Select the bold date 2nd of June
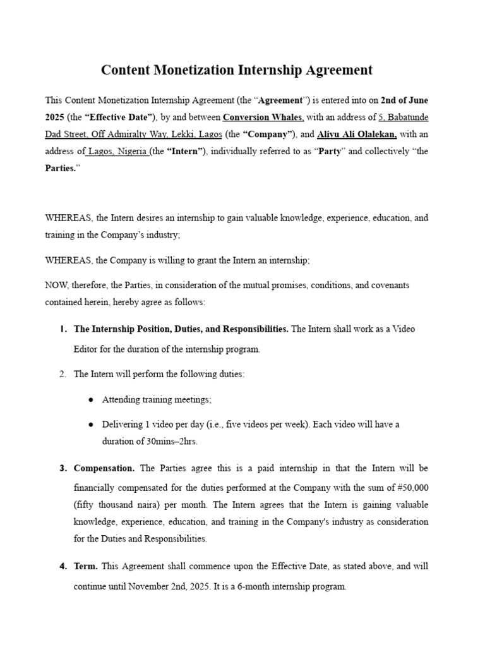point(404,100)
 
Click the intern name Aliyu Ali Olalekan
point(357,134)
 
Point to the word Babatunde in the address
point(407,117)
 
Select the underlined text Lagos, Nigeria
point(117,152)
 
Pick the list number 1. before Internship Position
point(63,329)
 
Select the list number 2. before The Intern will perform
point(63,374)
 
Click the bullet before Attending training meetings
point(91,399)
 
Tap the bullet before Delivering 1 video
point(91,425)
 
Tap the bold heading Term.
point(86,566)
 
